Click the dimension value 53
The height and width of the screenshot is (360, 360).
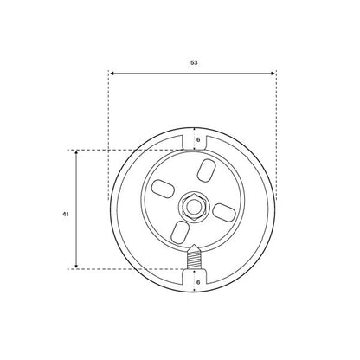click(x=194, y=62)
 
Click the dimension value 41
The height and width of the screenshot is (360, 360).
click(x=66, y=215)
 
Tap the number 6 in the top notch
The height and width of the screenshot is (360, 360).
click(x=198, y=139)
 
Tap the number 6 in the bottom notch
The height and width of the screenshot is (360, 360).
click(x=198, y=282)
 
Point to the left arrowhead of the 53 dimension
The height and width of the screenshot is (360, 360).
click(x=112, y=74)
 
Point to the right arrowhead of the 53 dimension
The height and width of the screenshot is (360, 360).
click(x=273, y=74)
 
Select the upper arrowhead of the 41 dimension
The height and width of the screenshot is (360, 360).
click(x=76, y=153)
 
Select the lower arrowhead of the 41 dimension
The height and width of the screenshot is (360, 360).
click(x=76, y=266)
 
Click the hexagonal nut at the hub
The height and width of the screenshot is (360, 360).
click(x=193, y=207)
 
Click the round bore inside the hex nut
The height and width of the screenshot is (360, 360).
click(x=193, y=207)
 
